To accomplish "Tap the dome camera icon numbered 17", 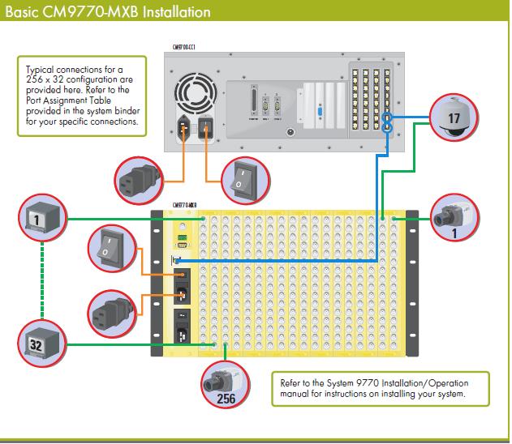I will click(454, 114).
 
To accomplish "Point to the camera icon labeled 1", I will click(450, 217).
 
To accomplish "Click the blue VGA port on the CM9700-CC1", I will click(321, 113).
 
